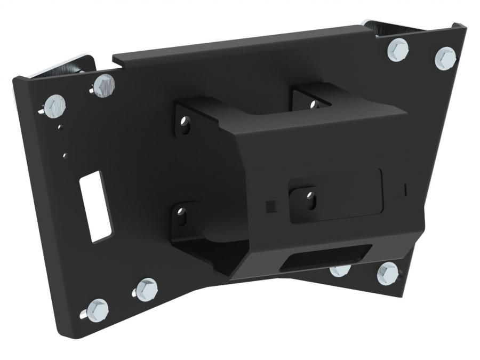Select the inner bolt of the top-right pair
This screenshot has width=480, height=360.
click(398, 49)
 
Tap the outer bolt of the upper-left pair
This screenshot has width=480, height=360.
click(55, 106)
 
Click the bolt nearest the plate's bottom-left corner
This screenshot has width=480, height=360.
click(97, 309)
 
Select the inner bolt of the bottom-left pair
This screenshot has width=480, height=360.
click(146, 289)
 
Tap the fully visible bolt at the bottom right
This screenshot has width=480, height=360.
click(388, 273)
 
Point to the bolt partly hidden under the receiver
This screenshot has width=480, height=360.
click(340, 270)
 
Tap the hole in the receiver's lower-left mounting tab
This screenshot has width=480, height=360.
click(183, 217)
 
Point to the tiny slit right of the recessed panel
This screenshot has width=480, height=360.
click(405, 189)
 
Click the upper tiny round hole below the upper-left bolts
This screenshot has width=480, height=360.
click(61, 127)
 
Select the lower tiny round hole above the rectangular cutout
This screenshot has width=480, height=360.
click(66, 155)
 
